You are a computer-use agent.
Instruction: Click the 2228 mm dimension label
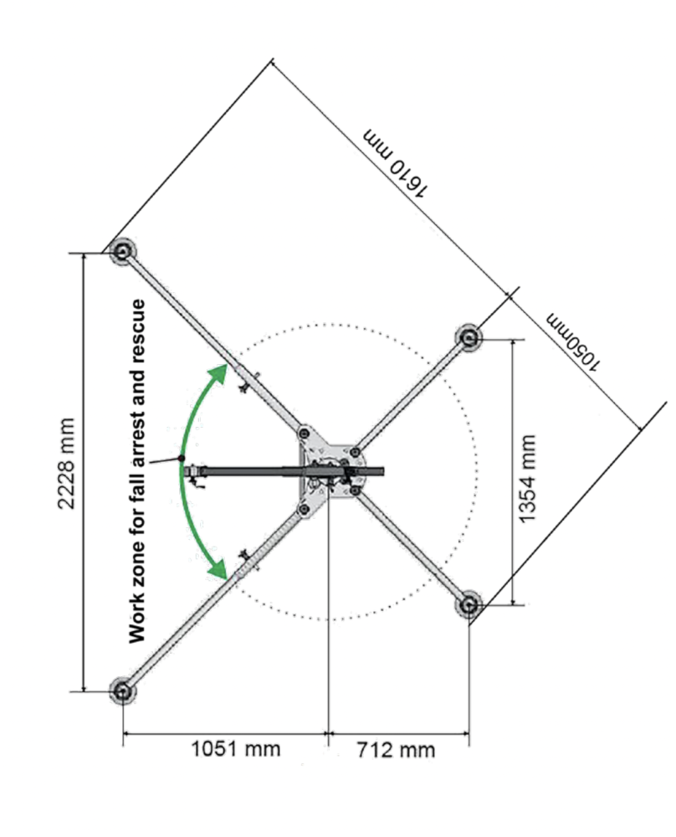coord(66,464)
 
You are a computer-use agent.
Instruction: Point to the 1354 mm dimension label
coord(527,479)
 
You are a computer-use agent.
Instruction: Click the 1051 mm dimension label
coord(235,749)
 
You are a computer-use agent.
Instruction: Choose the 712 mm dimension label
coord(396,750)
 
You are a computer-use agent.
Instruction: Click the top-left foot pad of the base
coord(122,251)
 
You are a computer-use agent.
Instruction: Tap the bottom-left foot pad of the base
coord(123,691)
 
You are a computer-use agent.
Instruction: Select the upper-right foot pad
coord(469,337)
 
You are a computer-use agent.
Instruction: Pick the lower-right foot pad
coord(469,605)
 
